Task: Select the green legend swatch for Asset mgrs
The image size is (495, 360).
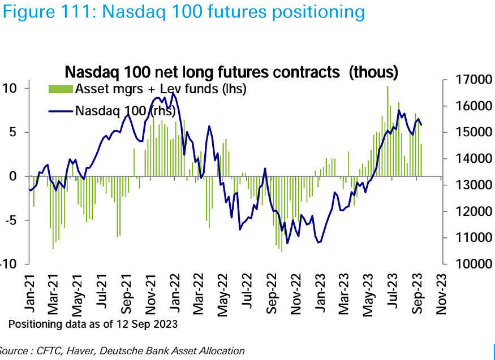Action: tap(59, 88)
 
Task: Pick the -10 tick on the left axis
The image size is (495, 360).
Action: tap(12, 264)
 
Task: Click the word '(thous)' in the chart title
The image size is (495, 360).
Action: tap(374, 72)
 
